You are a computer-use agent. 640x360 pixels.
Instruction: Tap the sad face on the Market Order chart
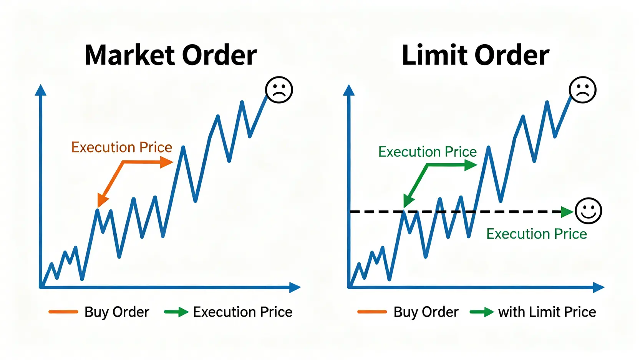click(279, 90)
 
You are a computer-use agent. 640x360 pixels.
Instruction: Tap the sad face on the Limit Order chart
click(583, 90)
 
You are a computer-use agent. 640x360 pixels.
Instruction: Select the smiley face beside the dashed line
click(589, 211)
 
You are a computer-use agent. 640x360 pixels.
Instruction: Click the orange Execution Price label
click(122, 148)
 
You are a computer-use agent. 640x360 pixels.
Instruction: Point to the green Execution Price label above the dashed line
click(428, 152)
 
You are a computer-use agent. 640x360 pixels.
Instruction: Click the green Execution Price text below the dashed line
click(537, 234)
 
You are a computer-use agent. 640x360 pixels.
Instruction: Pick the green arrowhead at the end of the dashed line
click(567, 212)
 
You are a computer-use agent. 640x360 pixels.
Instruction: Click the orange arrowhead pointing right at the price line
click(167, 162)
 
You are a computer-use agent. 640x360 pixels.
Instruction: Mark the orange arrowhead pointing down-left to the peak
click(102, 200)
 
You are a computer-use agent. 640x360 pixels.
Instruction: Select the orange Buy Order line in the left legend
click(63, 312)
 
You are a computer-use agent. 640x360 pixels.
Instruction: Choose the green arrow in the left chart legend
click(176, 312)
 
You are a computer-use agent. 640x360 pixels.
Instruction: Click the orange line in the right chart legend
click(372, 312)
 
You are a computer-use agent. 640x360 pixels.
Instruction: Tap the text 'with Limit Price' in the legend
click(547, 312)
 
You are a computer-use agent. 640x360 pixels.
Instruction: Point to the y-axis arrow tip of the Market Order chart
click(41, 85)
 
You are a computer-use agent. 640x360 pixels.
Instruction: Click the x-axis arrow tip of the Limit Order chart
click(605, 287)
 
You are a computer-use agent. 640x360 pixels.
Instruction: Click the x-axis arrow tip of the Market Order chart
click(301, 287)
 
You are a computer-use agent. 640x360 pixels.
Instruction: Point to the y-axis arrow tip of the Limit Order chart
click(348, 85)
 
